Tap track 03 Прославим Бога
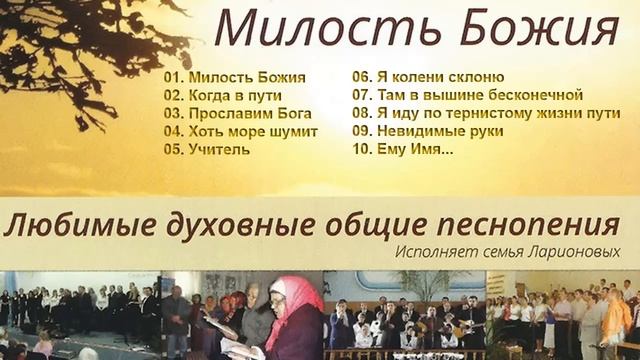point(238,113)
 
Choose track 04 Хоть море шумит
point(241,131)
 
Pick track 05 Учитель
point(208,149)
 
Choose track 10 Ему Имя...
point(403,149)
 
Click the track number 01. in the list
point(174,77)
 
